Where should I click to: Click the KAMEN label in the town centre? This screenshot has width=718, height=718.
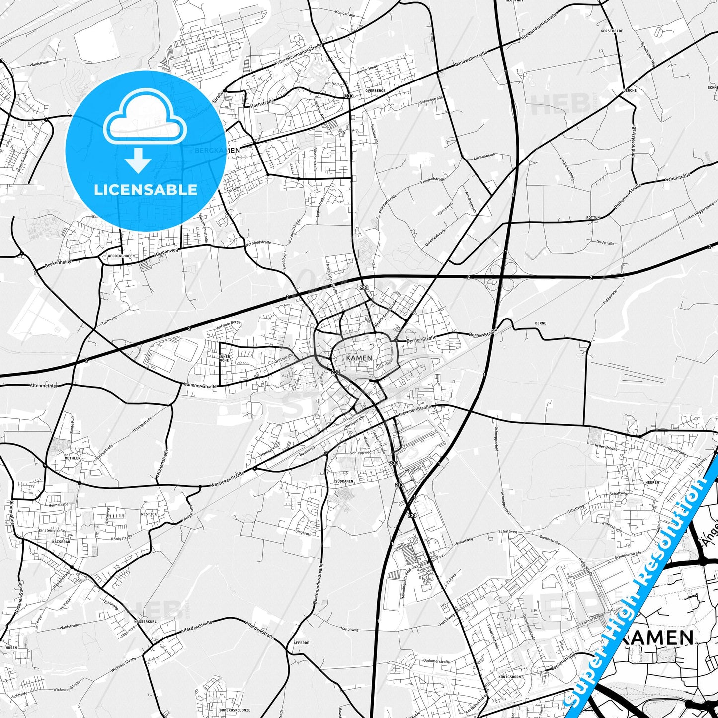pos(359,358)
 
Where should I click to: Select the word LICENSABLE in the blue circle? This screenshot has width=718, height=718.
pos(146,189)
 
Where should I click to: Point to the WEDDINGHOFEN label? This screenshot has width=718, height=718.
pos(121,256)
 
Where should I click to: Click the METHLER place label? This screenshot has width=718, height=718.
pos(72,458)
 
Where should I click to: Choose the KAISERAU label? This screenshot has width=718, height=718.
pos(61,542)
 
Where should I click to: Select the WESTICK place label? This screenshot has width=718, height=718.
pos(149,514)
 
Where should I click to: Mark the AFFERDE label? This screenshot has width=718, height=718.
pos(301,643)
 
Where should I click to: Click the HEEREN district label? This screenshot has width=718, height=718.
pos(652,482)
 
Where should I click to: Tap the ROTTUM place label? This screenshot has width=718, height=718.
pos(593,218)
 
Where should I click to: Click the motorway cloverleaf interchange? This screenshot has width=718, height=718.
pos(502,276)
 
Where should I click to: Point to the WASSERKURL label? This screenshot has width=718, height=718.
pos(145,622)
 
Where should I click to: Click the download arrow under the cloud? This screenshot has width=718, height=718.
pos(138,160)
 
